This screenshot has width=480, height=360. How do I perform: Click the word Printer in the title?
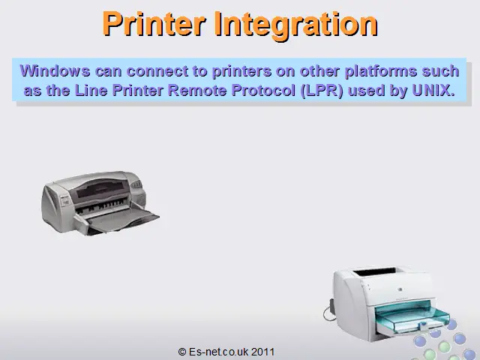(x=154, y=24)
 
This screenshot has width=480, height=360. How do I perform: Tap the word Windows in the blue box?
(x=55, y=71)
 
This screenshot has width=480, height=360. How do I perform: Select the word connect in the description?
(x=157, y=71)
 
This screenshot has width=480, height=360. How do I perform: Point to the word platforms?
(x=381, y=72)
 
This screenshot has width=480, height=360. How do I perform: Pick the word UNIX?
(x=433, y=90)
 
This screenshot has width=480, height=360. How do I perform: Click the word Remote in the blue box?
(x=197, y=90)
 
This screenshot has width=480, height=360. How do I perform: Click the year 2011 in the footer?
(x=262, y=352)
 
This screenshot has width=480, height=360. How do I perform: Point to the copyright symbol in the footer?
(x=182, y=352)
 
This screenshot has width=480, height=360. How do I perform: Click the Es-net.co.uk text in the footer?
(x=218, y=352)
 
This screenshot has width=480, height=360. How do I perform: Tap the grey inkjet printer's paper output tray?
(x=122, y=221)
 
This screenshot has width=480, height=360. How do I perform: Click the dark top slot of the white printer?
(x=374, y=271)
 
